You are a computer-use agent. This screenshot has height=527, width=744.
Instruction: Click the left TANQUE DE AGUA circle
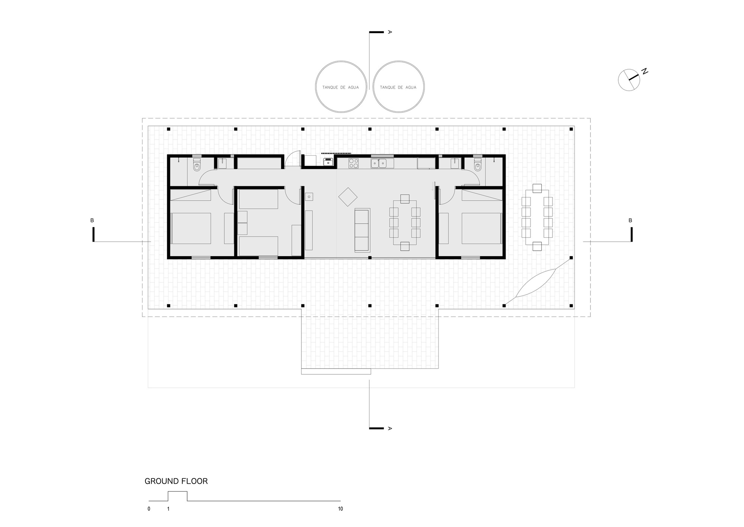coord(340,87)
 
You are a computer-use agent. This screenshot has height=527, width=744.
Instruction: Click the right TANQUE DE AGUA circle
coord(398,87)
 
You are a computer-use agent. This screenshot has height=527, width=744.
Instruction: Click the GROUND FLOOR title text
coord(176,481)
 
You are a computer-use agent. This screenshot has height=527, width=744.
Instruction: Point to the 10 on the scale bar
coord(340,509)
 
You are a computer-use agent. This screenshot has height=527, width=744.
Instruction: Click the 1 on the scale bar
coord(168,509)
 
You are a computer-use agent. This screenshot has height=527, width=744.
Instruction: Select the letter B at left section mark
coord(92,220)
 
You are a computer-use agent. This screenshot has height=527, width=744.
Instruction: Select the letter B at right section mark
coord(630,220)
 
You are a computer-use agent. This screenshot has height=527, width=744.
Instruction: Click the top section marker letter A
coord(389,32)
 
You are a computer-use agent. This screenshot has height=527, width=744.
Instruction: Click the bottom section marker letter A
coord(389,428)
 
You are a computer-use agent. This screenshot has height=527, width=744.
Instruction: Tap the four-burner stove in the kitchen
coord(353,163)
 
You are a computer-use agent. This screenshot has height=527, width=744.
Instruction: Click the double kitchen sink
coord(379,163)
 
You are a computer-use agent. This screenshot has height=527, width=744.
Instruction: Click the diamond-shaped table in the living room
coord(348,197)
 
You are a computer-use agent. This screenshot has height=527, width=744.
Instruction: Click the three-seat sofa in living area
coord(362,229)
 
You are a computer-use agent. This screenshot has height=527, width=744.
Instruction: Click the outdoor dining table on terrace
coord(537,220)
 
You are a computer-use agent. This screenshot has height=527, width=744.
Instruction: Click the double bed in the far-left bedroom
coord(191,228)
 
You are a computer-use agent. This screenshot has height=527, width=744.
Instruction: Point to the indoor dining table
coord(405,222)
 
